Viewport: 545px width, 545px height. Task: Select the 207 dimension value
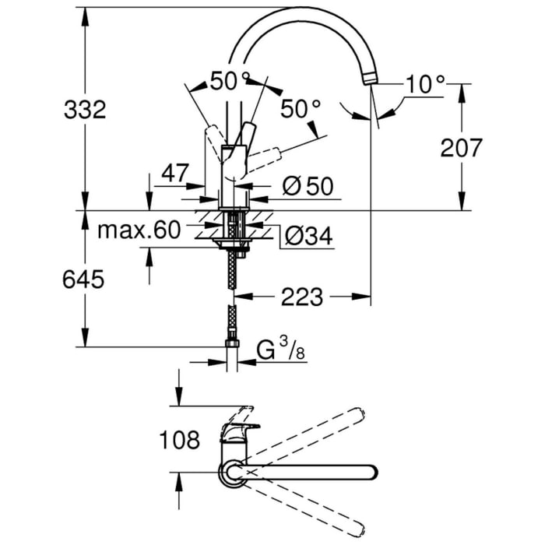[461, 147]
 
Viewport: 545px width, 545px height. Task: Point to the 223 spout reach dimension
[301, 296]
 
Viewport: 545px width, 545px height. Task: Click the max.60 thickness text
[139, 230]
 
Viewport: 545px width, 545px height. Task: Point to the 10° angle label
[424, 84]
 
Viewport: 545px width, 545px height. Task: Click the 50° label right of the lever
[301, 111]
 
